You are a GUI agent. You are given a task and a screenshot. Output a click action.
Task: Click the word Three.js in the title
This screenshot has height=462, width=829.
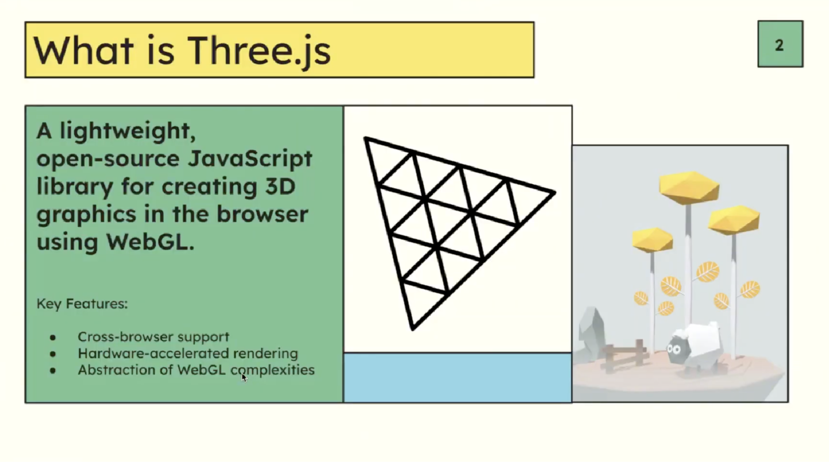259,51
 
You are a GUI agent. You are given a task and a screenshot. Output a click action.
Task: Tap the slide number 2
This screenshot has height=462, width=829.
779,45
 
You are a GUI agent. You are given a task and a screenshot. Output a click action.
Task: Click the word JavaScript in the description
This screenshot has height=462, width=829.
250,159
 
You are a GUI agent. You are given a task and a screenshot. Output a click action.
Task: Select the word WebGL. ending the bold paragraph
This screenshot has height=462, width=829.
150,242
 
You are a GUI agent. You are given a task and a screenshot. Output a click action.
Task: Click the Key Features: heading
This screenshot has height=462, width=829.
82,304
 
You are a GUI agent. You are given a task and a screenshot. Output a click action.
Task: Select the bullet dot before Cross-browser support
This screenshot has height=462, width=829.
53,337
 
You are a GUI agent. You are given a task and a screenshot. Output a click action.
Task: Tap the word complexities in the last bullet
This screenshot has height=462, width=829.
273,370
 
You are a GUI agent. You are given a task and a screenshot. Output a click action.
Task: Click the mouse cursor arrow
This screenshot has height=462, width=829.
244,377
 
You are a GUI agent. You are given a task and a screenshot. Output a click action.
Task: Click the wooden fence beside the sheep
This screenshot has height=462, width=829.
623,355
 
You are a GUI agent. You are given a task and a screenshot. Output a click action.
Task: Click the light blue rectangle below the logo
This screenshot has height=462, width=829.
457,378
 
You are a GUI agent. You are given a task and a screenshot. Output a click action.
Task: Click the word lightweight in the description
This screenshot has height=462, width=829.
128,131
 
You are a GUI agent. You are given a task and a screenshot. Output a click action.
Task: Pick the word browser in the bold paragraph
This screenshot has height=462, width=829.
262,214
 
